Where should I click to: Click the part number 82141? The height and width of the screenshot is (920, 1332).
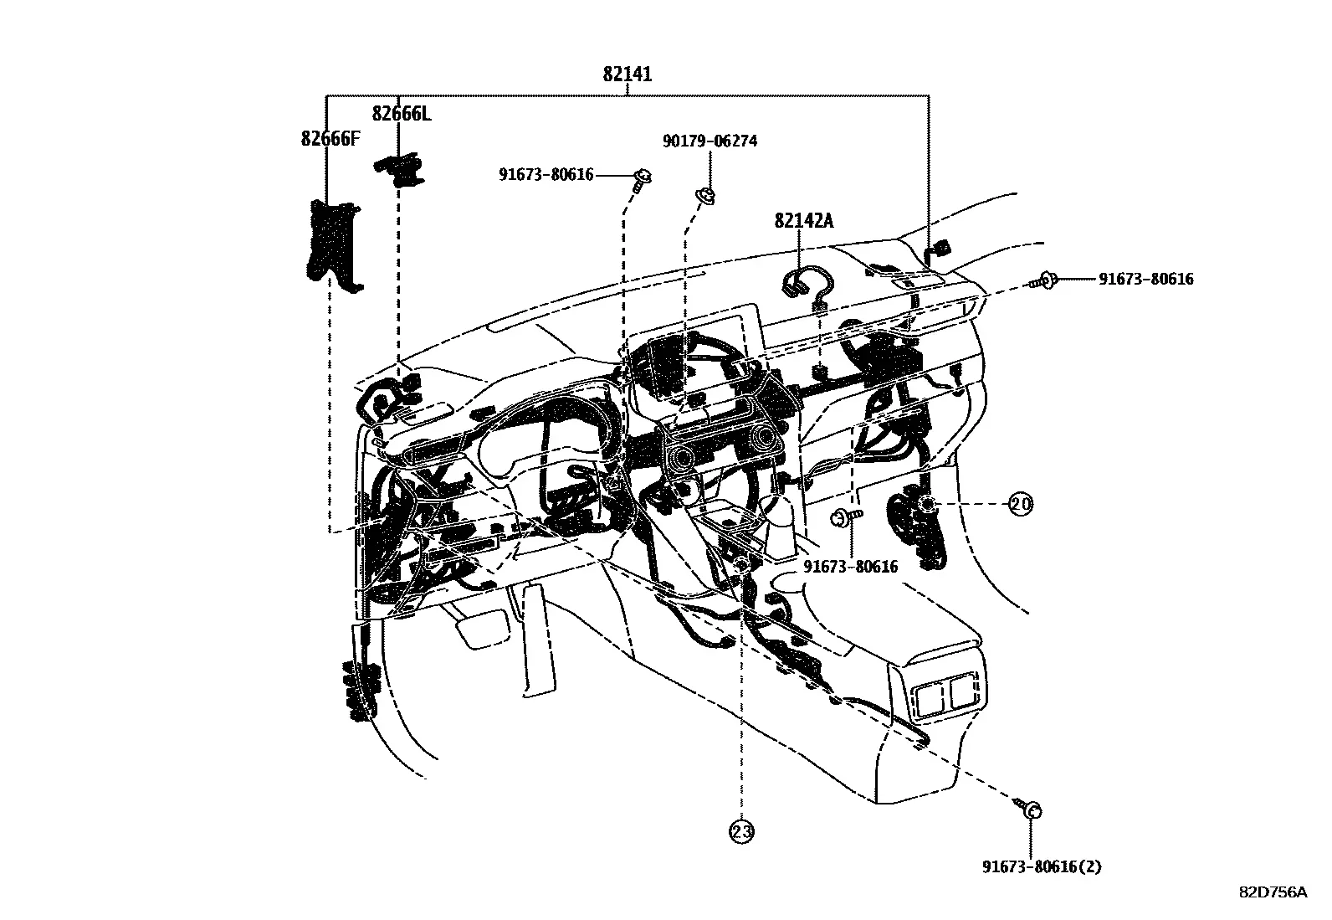coord(628,75)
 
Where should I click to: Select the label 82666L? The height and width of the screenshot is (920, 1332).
coord(402,113)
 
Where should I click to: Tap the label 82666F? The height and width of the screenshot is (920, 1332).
coord(330,139)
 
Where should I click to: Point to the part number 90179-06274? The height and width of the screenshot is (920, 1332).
coord(710,141)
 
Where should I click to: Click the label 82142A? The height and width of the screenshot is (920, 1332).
coord(803,221)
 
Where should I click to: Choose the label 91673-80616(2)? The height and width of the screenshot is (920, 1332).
coord(1042,866)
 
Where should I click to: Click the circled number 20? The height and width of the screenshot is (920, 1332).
coord(1021,504)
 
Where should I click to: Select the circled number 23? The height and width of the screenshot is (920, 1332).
coord(741,831)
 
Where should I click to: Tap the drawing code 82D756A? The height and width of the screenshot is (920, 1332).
coord(1273,892)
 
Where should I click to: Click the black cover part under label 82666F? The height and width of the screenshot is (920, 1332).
coord(333,245)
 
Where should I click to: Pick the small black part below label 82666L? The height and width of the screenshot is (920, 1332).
coord(400,170)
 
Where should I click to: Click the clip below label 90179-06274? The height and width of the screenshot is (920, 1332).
coord(705,194)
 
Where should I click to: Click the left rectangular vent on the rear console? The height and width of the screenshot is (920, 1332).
coord(931,698)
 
